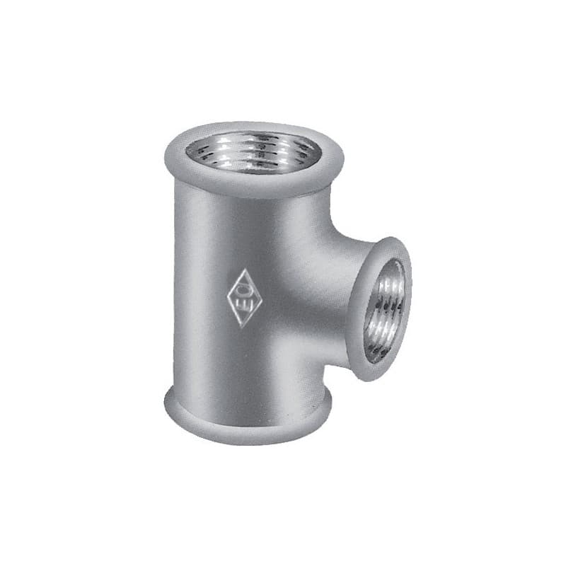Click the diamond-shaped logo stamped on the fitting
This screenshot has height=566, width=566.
click(x=243, y=297)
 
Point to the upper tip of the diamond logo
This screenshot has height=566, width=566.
click(x=243, y=269)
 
